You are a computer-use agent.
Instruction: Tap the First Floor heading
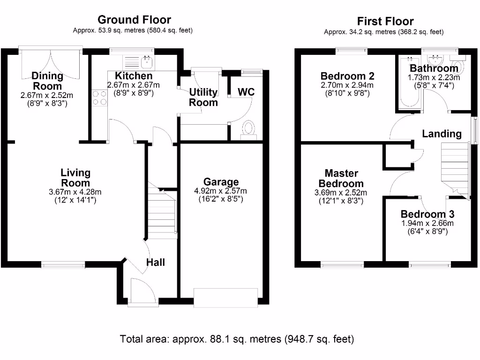pyautogui.click(x=385, y=21)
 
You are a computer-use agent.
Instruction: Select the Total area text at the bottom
pyautogui.click(x=237, y=338)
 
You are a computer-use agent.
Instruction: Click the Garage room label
pyautogui.click(x=221, y=182)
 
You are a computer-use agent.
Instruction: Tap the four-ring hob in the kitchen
pyautogui.click(x=99, y=98)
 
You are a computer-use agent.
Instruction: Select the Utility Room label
pyautogui.click(x=203, y=97)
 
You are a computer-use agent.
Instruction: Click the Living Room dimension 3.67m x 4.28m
pyautogui.click(x=75, y=192)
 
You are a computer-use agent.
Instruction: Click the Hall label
pyautogui.click(x=155, y=262)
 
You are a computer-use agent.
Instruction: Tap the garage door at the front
pyautogui.click(x=226, y=298)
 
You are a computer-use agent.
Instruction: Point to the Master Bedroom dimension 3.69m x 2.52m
pyautogui.click(x=340, y=193)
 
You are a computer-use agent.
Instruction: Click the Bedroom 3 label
pyautogui.click(x=427, y=214)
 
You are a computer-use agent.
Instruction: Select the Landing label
pyautogui.click(x=442, y=134)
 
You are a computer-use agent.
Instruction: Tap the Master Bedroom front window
pyautogui.click(x=339, y=264)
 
